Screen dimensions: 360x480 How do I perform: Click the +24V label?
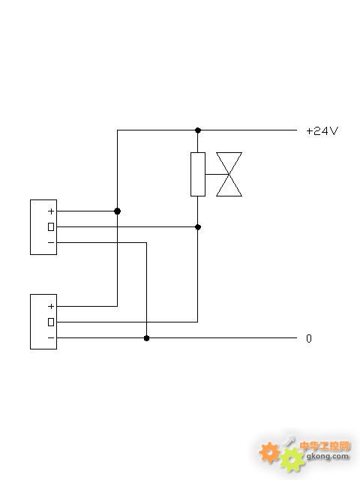click(322, 131)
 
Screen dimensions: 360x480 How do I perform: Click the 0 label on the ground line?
click(309, 338)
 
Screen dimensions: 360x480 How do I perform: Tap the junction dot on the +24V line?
click(198, 130)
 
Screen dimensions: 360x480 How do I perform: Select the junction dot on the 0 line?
click(147, 338)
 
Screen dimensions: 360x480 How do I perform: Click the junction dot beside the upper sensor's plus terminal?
click(117, 211)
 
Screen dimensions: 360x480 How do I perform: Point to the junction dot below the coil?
click(198, 226)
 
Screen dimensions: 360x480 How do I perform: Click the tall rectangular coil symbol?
click(198, 174)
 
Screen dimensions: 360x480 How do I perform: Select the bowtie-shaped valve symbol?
click(229, 174)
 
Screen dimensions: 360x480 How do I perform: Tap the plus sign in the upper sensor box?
click(51, 211)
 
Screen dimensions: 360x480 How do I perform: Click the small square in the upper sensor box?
click(51, 226)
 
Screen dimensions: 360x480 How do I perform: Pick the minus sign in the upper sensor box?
click(51, 242)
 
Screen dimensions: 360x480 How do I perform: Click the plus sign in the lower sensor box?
click(51, 306)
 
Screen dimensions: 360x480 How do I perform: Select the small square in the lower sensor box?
click(51, 322)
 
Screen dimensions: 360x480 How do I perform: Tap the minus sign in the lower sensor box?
click(51, 337)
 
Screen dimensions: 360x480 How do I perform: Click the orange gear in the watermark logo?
click(269, 452)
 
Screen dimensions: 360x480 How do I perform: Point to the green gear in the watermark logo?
click(292, 460)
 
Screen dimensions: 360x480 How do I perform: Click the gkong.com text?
click(327, 457)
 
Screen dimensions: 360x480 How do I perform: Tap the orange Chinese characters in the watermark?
click(325, 445)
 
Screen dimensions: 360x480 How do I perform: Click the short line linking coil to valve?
click(217, 174)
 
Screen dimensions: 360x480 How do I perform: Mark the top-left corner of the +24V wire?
click(117, 130)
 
